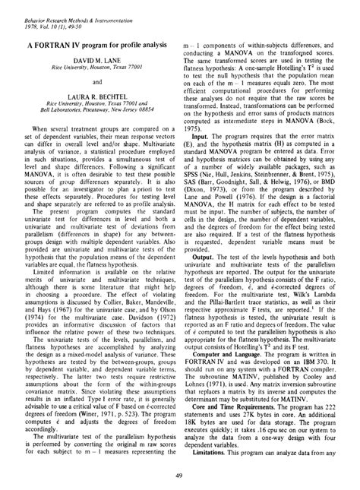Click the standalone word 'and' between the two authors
(x=98, y=81)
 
